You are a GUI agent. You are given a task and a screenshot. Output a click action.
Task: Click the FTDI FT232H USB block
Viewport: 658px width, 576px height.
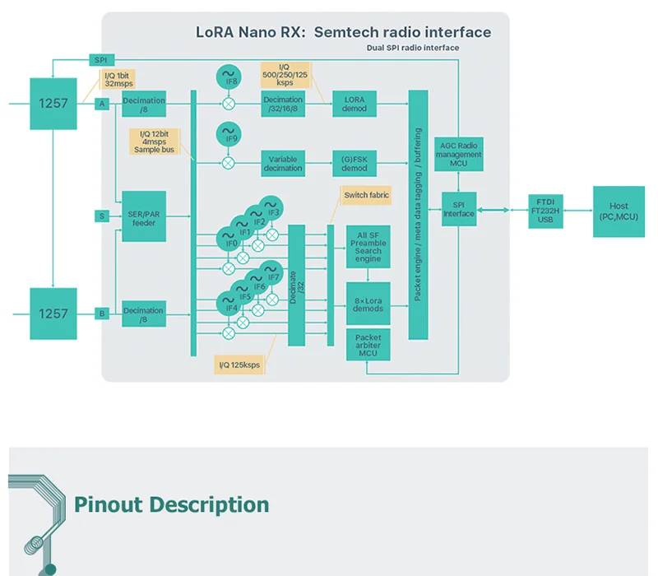pos(545,211)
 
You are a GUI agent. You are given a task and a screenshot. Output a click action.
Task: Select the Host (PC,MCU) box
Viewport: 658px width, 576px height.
pos(619,211)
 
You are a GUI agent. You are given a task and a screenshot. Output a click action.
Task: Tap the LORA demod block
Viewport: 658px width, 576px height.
pos(354,104)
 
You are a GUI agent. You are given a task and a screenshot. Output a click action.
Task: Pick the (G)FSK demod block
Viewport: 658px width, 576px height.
pos(354,163)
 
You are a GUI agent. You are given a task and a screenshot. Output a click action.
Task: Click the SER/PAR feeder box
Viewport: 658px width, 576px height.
pos(144,216)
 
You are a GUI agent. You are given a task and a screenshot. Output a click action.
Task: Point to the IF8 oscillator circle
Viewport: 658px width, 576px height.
pos(229,77)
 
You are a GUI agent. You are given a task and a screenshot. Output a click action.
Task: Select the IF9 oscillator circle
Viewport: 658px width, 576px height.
pos(229,134)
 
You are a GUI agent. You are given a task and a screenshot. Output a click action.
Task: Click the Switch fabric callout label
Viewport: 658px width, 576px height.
pos(366,195)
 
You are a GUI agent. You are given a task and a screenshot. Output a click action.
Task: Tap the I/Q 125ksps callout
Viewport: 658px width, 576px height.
pos(239,365)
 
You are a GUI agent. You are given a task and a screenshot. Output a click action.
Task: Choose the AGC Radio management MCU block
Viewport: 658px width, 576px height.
pos(459,154)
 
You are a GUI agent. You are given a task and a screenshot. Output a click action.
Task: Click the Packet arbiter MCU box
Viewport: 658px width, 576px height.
pos(368,345)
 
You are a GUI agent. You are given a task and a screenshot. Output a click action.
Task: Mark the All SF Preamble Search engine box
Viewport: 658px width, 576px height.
pos(368,247)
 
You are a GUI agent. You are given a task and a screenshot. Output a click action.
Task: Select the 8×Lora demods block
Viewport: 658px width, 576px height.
pos(368,304)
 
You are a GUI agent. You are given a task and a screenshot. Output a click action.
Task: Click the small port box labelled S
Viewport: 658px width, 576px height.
pos(102,216)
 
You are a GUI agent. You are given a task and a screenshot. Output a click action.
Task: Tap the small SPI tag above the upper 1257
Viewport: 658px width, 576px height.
pos(101,60)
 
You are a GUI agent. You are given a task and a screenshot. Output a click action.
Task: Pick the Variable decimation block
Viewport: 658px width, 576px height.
pos(283,163)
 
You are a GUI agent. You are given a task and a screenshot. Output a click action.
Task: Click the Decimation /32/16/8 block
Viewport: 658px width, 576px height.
pos(283,104)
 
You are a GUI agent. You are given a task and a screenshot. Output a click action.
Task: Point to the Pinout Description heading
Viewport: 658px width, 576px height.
pos(172,504)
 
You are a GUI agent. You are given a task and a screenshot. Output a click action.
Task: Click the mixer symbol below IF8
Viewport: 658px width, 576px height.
pos(229,104)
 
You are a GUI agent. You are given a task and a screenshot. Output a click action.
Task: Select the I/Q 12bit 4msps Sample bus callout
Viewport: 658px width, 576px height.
pos(154,142)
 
